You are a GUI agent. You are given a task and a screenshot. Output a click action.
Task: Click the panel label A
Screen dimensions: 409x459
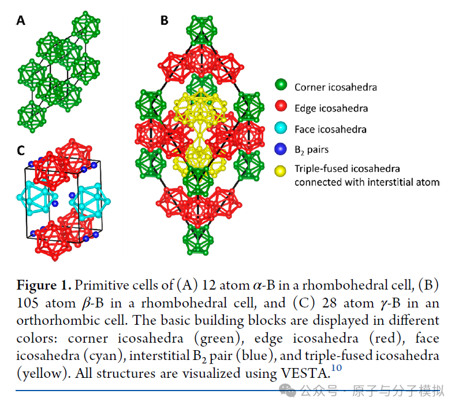tap(21, 21)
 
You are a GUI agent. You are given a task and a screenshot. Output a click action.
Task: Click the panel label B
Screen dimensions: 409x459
tap(165, 21)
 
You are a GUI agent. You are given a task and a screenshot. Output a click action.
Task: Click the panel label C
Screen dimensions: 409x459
tap(21, 151)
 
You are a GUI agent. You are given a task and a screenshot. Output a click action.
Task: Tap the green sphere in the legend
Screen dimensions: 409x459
tap(281, 87)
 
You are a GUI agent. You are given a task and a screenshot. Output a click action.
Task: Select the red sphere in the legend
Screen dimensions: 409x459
tap(281, 107)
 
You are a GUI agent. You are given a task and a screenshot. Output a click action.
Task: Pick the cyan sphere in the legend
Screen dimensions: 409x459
tap(281, 129)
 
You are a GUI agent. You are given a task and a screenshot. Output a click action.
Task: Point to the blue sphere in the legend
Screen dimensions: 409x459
tap(281, 149)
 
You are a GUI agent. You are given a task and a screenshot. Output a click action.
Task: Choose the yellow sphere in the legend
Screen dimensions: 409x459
tap(281, 171)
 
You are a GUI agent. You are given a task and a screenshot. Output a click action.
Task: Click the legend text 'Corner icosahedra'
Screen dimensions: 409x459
tap(335, 87)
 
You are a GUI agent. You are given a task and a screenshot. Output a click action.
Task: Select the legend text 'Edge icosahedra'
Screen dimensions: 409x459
tap(331, 108)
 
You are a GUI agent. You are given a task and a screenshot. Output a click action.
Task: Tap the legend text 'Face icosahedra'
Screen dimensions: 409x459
tap(330, 129)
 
